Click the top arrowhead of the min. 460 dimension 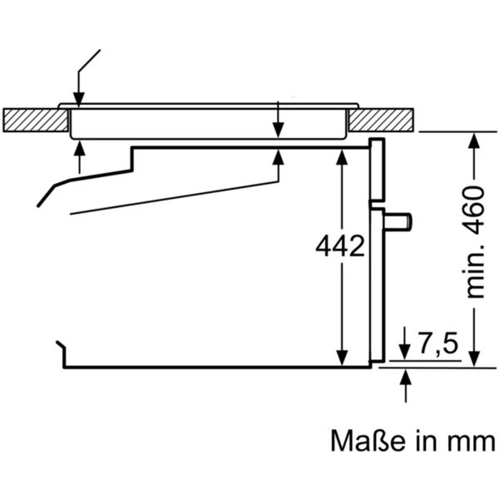473,141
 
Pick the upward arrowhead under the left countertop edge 80,149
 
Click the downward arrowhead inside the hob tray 278,129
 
